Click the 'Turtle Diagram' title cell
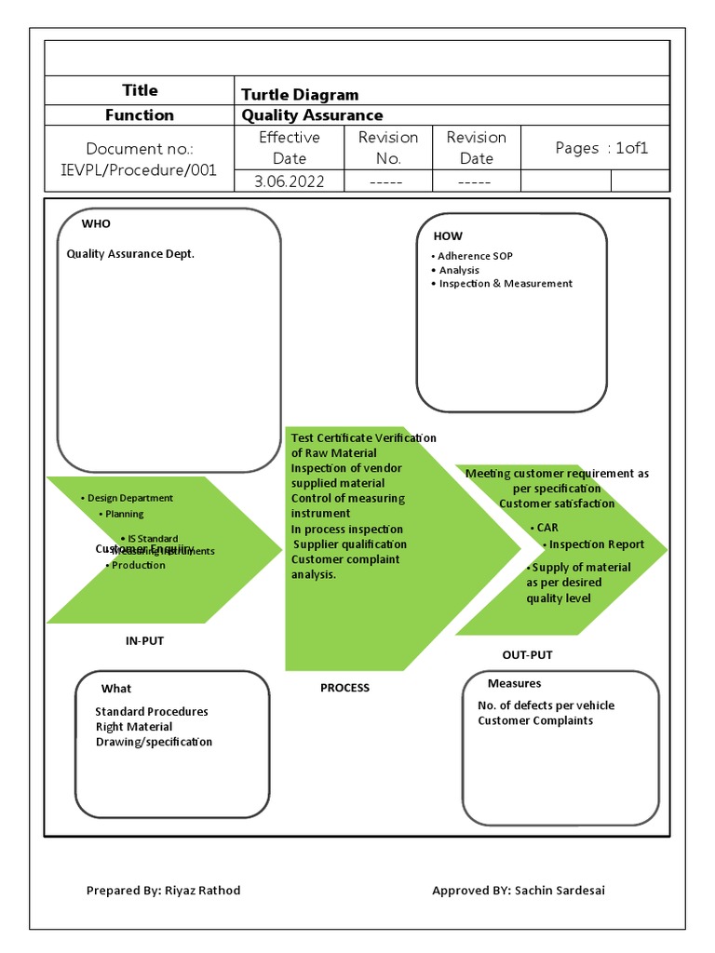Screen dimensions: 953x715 [300, 94]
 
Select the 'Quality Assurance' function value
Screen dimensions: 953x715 [312, 115]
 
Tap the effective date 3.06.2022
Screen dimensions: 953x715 [290, 181]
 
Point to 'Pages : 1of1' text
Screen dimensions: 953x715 [601, 148]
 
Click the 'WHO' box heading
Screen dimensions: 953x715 [96, 224]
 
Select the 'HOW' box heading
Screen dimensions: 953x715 [447, 236]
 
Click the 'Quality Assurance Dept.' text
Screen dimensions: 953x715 [130, 254]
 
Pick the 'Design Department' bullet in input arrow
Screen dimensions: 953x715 [129, 498]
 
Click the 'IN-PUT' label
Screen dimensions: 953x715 [144, 641]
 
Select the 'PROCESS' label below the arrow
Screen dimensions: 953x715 [344, 688]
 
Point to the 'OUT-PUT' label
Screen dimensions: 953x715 [527, 655]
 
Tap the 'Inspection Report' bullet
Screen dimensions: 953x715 [590, 544]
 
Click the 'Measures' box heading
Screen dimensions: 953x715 [514, 684]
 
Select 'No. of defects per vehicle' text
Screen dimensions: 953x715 [546, 705]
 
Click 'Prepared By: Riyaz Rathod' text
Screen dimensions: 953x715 [163, 891]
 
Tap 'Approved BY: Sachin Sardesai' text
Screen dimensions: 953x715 [519, 891]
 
